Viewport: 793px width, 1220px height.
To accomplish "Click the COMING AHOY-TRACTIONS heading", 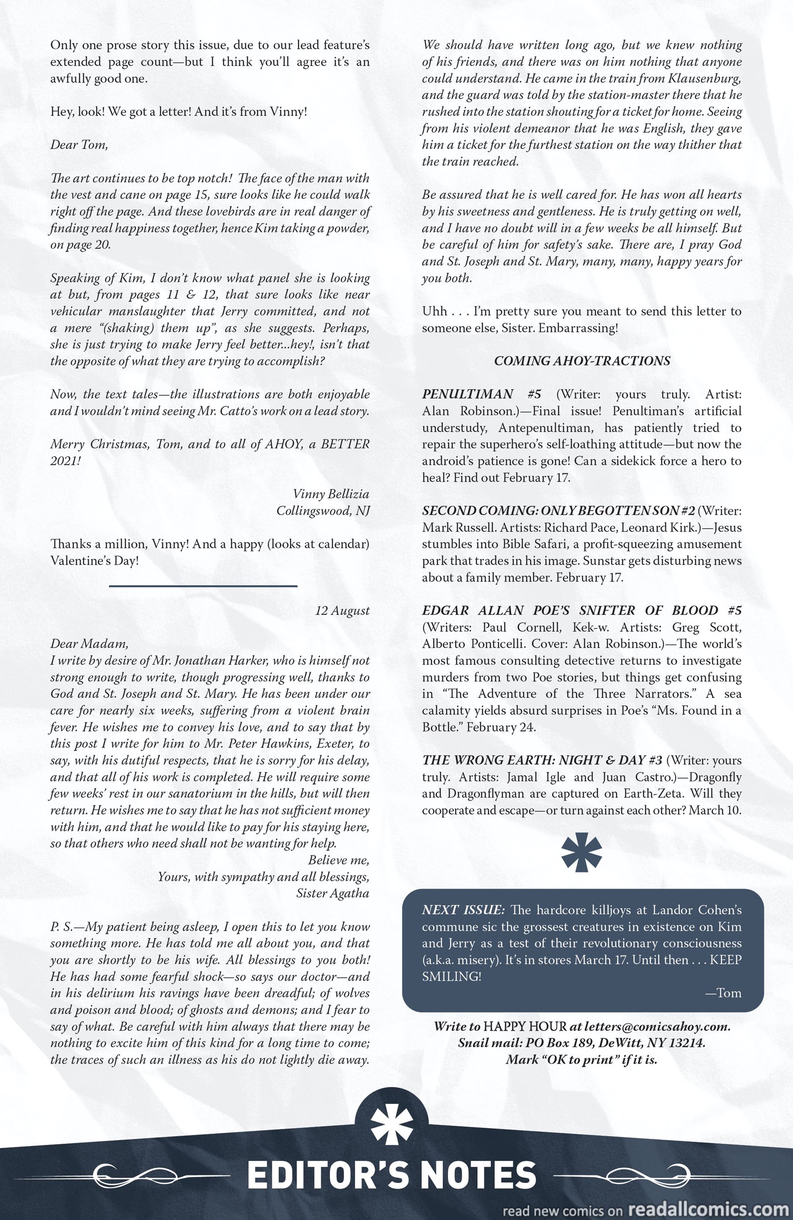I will coord(582,361).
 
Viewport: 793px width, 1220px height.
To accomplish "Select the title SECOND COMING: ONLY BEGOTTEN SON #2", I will coord(558,511).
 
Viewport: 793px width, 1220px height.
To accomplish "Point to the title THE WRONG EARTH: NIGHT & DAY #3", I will coord(542,760).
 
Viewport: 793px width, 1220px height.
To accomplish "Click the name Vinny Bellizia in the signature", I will coord(331,494).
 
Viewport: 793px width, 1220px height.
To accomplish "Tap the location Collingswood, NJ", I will coord(323,511).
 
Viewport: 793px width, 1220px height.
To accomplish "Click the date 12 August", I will coord(342,611).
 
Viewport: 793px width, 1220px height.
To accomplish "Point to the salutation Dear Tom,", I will coord(79,145).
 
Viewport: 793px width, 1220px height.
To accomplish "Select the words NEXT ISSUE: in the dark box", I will coord(463,910).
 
